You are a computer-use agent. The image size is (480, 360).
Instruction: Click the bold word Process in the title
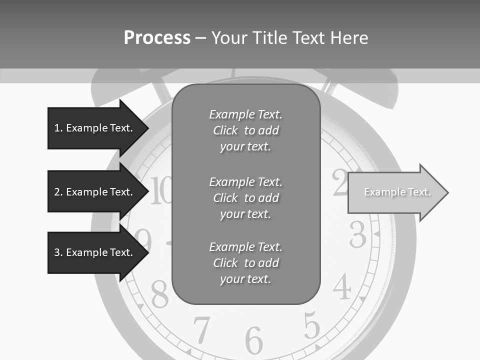click(157, 38)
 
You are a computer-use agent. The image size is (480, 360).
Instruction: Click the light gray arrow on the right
click(397, 192)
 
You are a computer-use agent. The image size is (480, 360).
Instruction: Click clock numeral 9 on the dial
click(143, 240)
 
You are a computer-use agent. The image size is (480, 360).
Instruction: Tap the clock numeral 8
click(159, 294)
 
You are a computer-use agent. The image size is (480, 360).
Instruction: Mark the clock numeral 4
click(342, 287)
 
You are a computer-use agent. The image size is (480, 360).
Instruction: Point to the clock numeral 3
click(358, 234)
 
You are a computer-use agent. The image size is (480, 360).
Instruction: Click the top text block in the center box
click(245, 130)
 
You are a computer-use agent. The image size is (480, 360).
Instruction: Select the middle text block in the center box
click(245, 198)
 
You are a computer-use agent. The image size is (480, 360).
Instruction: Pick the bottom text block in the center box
click(245, 263)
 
